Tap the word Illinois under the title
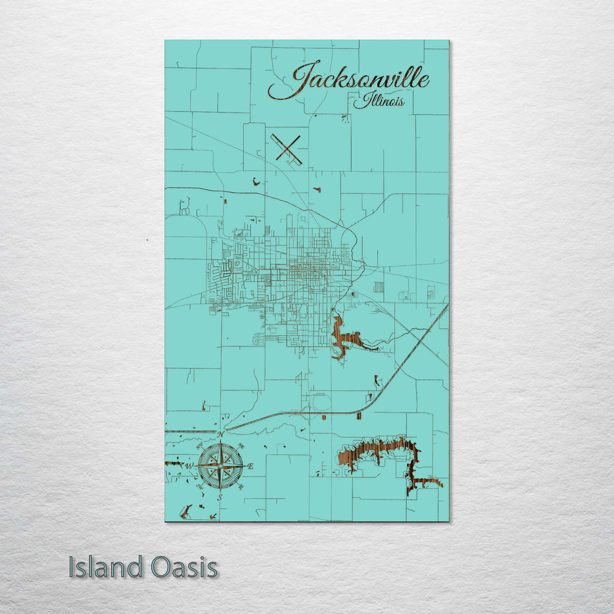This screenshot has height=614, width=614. (x=379, y=102)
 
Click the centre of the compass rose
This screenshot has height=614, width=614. (x=221, y=465)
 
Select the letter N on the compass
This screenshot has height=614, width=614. (x=220, y=435)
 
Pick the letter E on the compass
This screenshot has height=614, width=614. (x=251, y=466)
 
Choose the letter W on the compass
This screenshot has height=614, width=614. (x=190, y=467)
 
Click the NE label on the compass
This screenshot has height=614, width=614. (x=241, y=446)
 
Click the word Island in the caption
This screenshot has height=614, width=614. (x=106, y=567)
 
